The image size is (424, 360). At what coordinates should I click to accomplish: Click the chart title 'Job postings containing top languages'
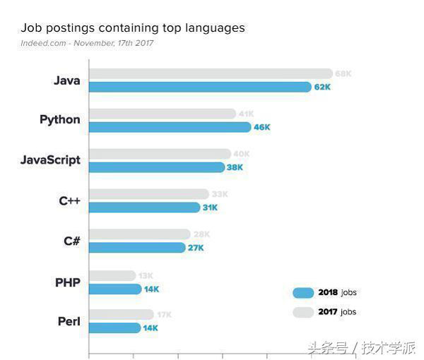point(133,28)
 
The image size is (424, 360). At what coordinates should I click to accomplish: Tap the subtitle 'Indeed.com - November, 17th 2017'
point(87,44)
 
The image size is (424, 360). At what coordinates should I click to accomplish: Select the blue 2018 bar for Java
point(200,87)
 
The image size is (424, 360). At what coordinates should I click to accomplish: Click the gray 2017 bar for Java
point(211,73)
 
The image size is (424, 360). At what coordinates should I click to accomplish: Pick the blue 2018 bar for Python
point(170,127)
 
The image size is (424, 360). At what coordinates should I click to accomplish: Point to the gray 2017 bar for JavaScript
point(160,154)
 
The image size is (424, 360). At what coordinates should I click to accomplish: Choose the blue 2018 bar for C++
point(145,208)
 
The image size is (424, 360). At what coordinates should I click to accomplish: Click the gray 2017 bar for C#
point(139,234)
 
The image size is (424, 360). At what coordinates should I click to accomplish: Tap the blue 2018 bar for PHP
point(115,289)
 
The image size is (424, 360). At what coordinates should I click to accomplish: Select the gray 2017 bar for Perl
point(121,315)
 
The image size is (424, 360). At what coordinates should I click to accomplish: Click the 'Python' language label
point(60,120)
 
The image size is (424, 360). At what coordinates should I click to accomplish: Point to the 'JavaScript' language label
point(50,160)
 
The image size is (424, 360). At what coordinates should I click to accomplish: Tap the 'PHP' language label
point(68,282)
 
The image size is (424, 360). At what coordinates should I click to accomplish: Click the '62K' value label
point(323,87)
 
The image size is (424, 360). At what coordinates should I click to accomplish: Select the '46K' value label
point(262,127)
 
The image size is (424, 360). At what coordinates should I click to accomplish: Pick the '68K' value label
point(343,73)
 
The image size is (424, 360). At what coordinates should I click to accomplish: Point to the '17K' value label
point(164,315)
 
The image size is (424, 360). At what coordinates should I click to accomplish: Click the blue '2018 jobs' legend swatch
point(303,293)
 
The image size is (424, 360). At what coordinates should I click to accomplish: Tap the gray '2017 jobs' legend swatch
point(303,312)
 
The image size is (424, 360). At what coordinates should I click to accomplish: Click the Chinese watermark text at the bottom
point(361,348)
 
